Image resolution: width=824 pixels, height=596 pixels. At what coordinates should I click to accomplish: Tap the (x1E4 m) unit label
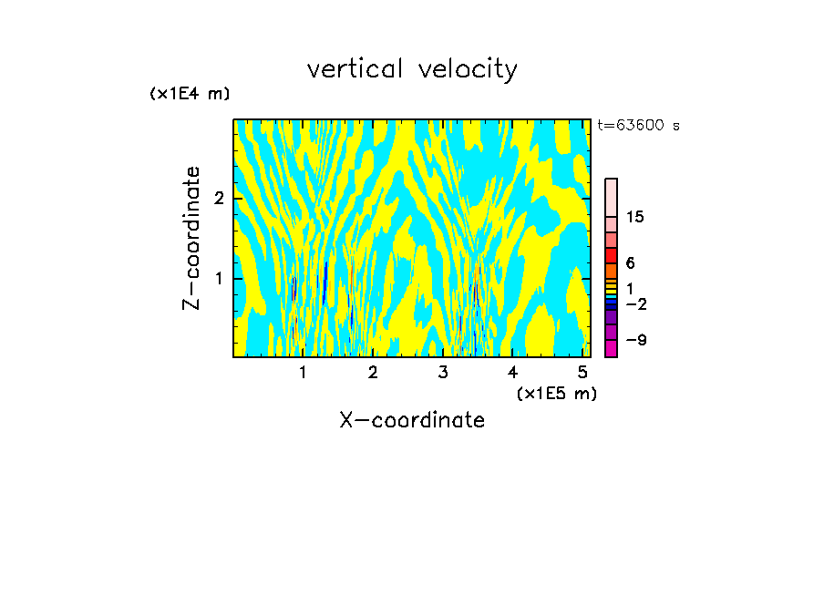190,94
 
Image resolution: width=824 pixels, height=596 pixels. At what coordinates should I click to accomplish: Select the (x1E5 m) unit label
556,394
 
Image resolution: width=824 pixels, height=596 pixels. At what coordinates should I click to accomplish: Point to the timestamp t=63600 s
639,126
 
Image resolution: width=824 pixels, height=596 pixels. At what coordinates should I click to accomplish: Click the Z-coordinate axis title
191,238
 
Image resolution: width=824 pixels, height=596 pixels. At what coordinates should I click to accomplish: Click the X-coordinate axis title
412,420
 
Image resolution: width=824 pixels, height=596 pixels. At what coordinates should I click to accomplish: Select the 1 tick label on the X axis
303,373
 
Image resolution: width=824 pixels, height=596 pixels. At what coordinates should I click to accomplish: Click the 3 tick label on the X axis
443,373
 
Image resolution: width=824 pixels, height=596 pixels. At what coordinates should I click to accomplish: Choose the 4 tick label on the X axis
512,373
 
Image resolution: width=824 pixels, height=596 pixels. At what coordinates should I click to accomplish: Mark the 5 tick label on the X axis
582,373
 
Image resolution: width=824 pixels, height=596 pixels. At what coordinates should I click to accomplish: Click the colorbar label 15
635,217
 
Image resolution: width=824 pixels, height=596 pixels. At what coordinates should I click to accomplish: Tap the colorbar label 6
630,263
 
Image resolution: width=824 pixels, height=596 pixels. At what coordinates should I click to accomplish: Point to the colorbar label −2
635,304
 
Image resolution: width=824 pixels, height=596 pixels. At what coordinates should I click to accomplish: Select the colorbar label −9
635,341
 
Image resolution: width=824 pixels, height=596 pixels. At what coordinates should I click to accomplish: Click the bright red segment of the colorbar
612,255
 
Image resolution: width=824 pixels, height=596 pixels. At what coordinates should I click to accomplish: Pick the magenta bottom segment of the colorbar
612,348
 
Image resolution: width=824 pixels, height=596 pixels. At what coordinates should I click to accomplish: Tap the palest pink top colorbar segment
612,197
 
